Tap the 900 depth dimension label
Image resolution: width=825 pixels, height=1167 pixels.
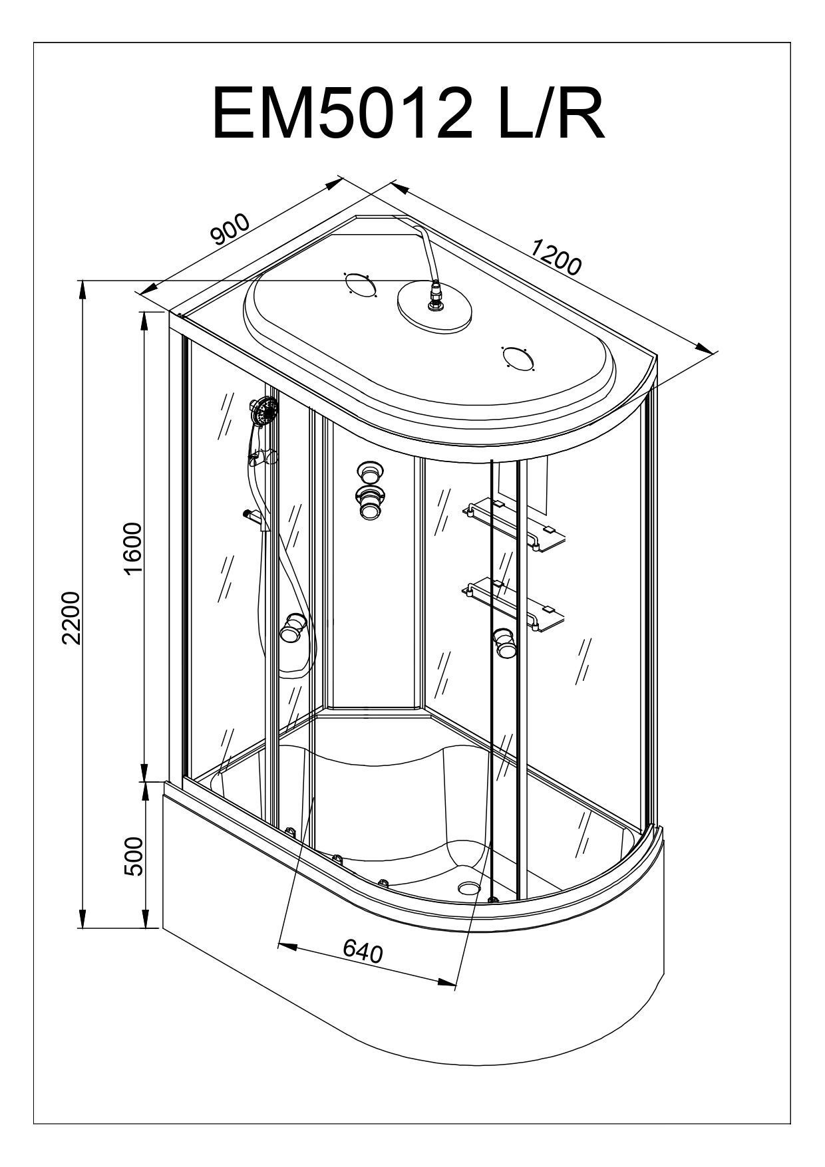pos(230,229)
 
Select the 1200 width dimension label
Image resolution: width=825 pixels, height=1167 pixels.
pos(556,256)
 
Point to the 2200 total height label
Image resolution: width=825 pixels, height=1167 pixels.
pos(71,616)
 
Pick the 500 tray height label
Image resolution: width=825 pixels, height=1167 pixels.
pos(134,856)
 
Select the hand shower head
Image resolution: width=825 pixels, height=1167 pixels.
pos(264,410)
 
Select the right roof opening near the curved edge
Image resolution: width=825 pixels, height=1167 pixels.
pos(518,358)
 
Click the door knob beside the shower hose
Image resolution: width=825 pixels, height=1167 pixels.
pos(293,628)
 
